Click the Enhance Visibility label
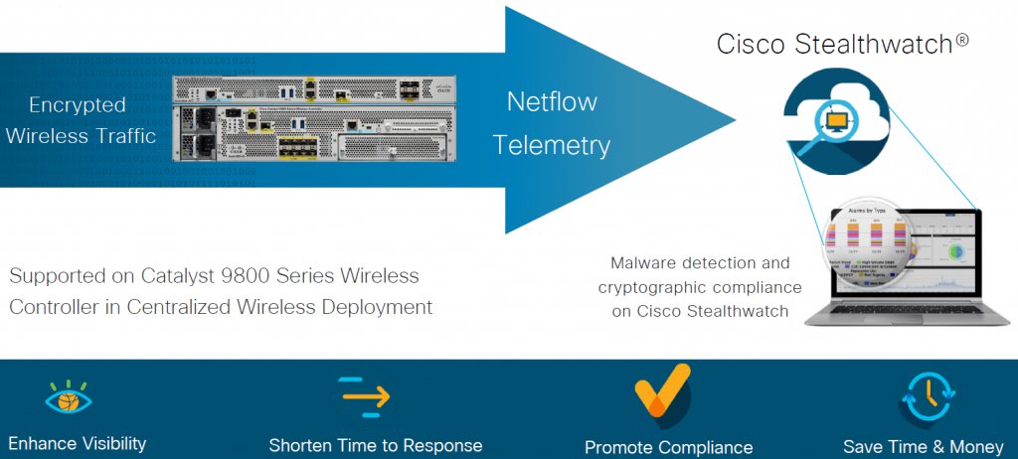(78, 443)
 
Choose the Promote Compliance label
(668, 447)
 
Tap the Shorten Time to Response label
(376, 445)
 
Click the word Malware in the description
(643, 263)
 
